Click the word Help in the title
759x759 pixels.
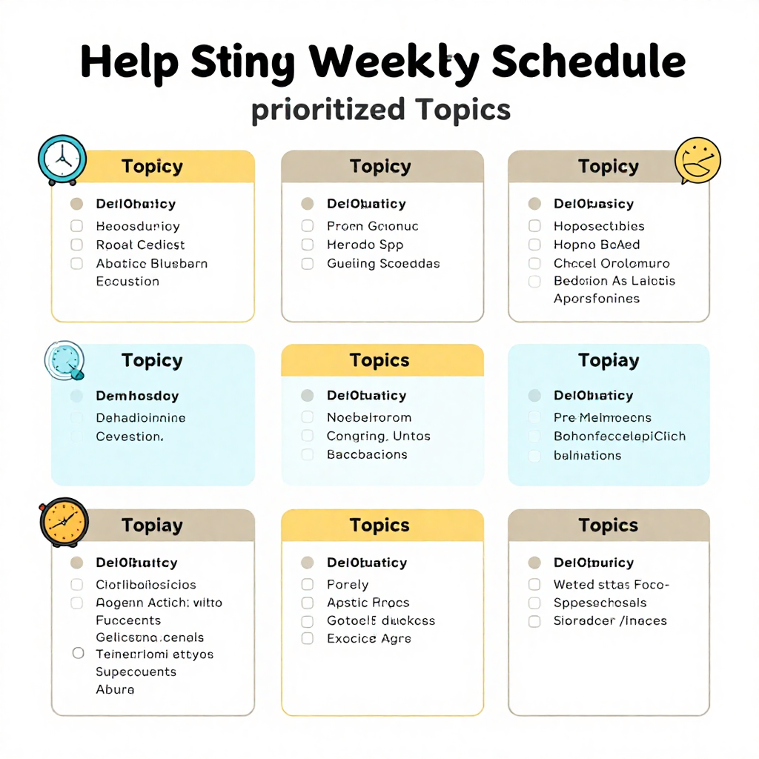pos(129,62)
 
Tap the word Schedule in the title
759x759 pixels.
pos(588,62)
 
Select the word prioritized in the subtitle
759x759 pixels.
pos(328,110)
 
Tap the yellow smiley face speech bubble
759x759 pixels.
pos(697,160)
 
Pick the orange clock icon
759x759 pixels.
pos(64,521)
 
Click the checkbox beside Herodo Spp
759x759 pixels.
pos(308,245)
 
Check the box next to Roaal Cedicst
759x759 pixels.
pos(76,245)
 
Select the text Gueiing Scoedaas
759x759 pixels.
pos(383,263)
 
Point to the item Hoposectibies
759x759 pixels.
pos(599,226)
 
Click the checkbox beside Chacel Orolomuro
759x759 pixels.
pos(534,263)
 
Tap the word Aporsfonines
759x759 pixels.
pos(596,299)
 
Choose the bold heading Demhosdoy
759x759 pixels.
pos(137,396)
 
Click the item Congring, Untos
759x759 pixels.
pos(378,436)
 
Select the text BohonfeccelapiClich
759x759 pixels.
pos(620,436)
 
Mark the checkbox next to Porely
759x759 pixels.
pos(308,584)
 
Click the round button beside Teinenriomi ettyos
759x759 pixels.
pos(78,654)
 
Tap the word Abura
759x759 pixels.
pos(115,689)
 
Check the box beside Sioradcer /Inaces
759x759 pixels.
pos(534,621)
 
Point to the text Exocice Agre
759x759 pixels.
pos(368,638)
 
